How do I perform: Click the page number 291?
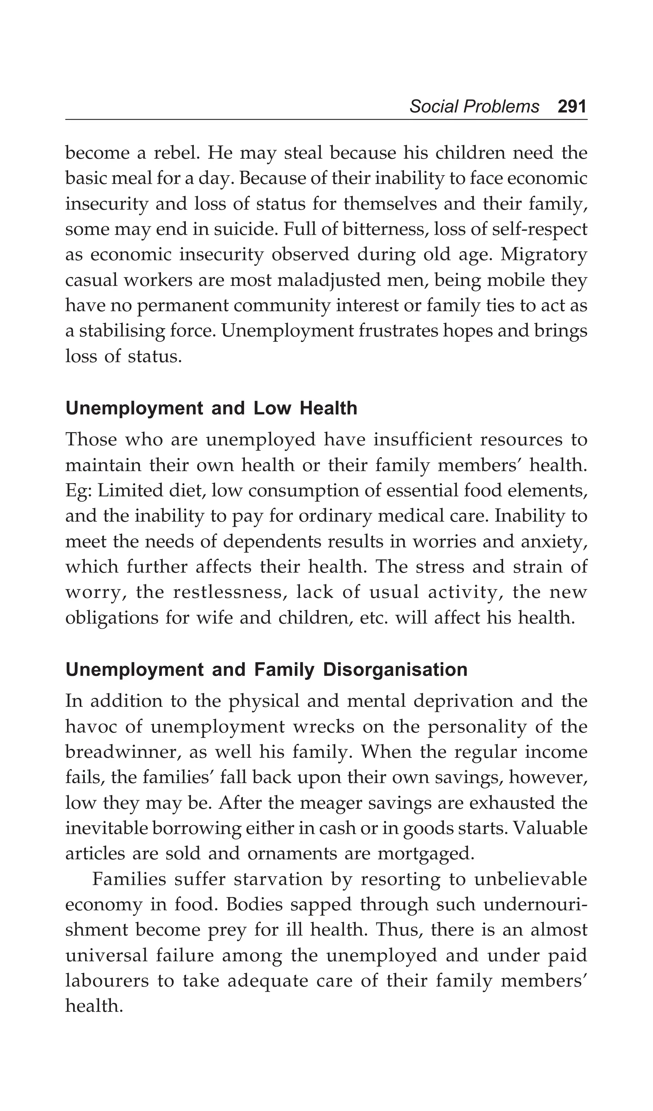tap(572, 107)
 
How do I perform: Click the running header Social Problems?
tap(474, 107)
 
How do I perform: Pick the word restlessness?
tap(227, 592)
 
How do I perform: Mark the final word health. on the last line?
tap(94, 1006)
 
